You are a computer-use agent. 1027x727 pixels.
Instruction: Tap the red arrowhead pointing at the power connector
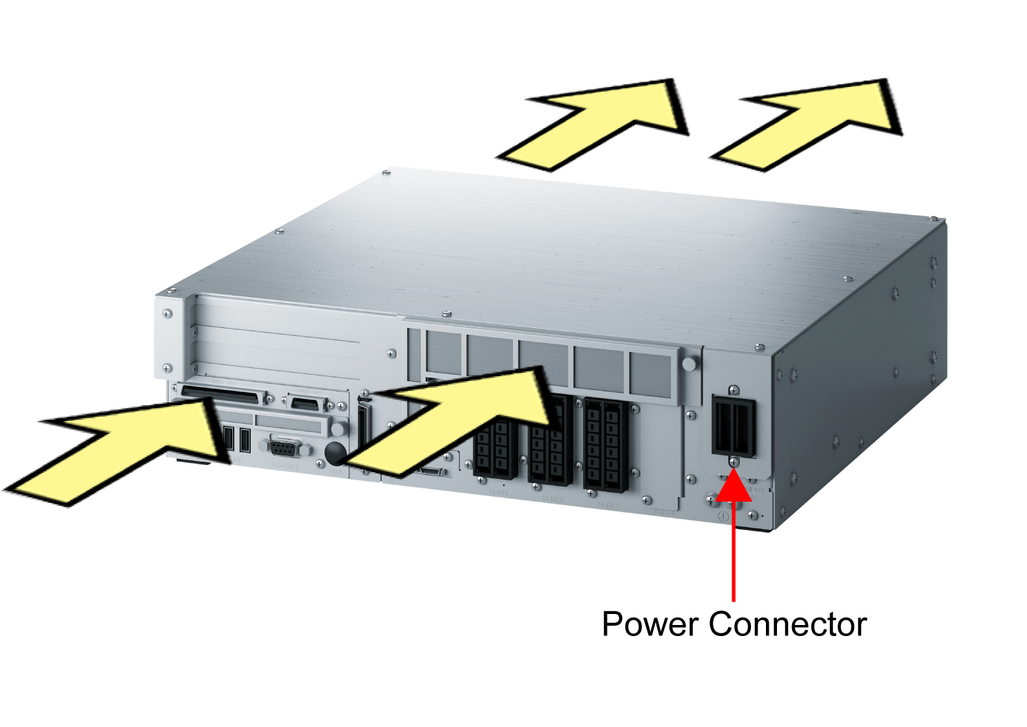pyautogui.click(x=734, y=485)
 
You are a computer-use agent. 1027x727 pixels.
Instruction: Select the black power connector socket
pyautogui.click(x=734, y=427)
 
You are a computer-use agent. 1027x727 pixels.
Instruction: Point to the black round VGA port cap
pyautogui.click(x=335, y=452)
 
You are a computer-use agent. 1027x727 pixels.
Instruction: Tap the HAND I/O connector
pyautogui.click(x=307, y=404)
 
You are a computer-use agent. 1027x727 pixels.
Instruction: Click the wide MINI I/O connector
pyautogui.click(x=223, y=396)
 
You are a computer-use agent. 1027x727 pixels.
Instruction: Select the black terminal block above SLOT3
pyautogui.click(x=606, y=444)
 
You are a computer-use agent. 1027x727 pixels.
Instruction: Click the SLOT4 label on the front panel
pyautogui.click(x=664, y=511)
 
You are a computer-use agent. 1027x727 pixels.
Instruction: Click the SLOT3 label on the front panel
pyautogui.click(x=608, y=505)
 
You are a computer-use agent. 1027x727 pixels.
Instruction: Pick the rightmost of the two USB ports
pyautogui.click(x=245, y=439)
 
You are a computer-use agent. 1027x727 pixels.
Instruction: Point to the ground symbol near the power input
pyautogui.click(x=723, y=515)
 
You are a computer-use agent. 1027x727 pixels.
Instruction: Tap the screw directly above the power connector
pyautogui.click(x=734, y=390)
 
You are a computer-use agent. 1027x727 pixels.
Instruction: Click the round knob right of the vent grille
pyautogui.click(x=688, y=363)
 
